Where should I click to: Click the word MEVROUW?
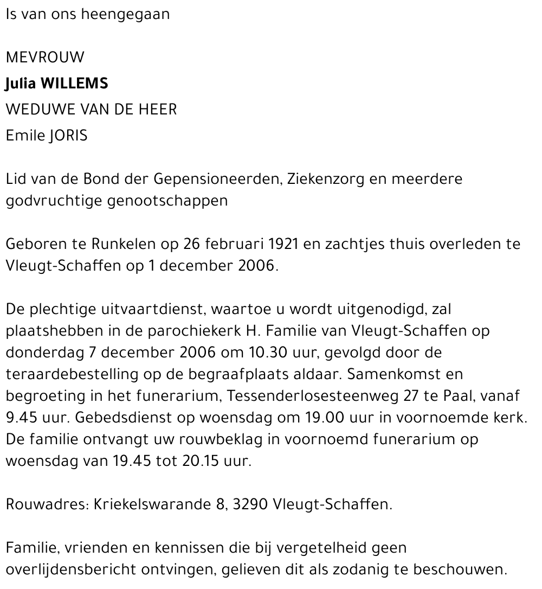(x=45, y=57)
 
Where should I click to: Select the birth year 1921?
(x=283, y=244)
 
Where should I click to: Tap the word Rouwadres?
(x=45, y=504)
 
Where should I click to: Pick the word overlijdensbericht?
(x=70, y=570)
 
